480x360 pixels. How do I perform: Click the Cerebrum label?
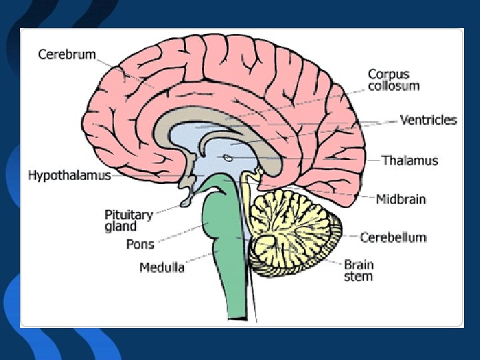pos(67,54)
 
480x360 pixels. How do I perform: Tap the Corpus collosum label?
pos(394,80)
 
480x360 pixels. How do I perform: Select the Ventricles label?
pos(428,120)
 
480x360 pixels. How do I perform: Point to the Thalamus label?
pos(410,160)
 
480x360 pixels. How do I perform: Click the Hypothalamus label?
pos(69,176)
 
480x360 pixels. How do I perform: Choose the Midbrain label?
pos(401,199)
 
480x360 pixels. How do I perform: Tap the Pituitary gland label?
pos(129,221)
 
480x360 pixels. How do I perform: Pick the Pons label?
pos(140,244)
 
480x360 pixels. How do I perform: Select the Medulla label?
pos(162,267)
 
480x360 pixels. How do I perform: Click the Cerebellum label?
pos(393,237)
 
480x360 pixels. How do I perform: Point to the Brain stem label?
pos(358,270)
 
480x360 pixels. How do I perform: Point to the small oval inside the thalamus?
pos(228,158)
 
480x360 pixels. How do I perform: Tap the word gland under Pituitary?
pos(121,227)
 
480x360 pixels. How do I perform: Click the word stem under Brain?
pos(358,276)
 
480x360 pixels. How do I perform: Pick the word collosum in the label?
pos(394,86)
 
